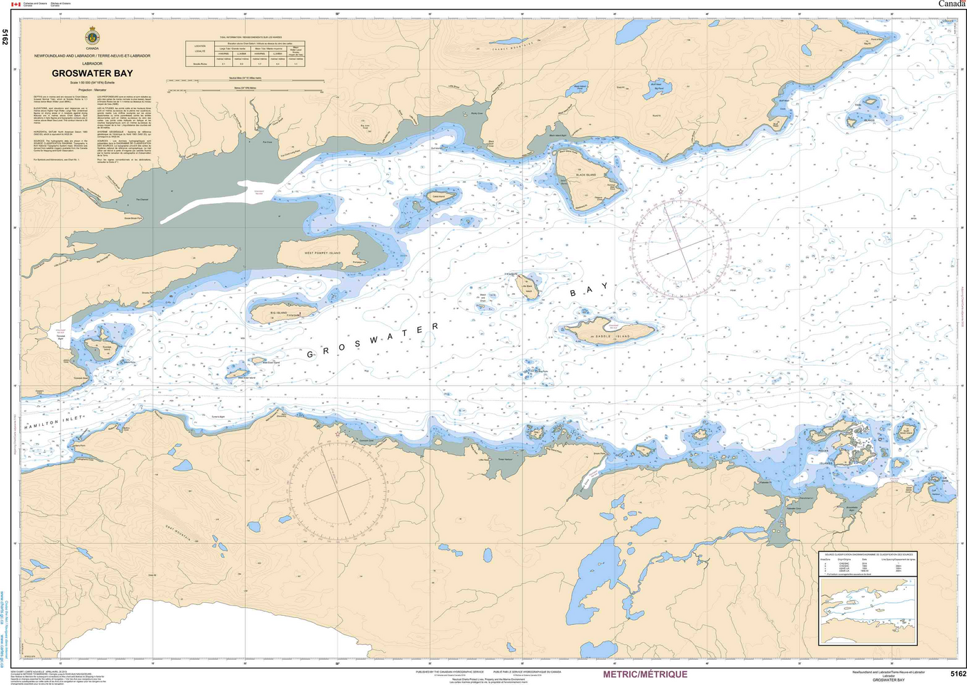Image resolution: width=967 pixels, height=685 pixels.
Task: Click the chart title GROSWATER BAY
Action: tap(92, 73)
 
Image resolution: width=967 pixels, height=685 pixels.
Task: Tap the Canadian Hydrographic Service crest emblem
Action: tap(92, 36)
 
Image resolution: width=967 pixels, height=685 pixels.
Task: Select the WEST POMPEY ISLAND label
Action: tap(323, 254)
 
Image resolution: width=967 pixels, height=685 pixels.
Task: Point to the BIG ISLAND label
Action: tap(278, 313)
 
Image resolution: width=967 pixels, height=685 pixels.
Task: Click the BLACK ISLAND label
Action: tap(586, 176)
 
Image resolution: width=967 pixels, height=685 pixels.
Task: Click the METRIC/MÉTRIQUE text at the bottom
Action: tap(645, 675)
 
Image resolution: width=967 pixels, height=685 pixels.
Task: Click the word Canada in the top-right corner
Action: tap(950, 4)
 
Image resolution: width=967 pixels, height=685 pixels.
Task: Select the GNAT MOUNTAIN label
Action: tap(178, 531)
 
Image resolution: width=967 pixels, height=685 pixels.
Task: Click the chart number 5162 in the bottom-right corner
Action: tap(957, 674)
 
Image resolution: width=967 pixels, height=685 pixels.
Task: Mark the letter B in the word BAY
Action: tap(572, 294)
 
